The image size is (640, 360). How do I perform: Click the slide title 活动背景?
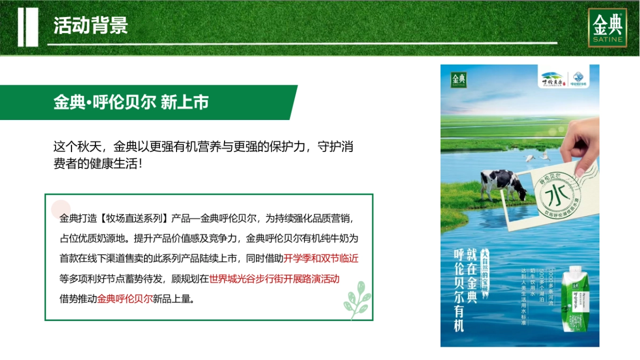[91, 25]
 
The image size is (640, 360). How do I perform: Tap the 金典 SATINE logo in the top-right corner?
[607, 28]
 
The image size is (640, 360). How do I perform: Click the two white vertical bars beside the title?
[28, 27]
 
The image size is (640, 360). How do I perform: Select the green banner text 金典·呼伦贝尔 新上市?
[131, 102]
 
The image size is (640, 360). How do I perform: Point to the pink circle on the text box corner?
[61, 209]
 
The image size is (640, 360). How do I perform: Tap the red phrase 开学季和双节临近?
[321, 259]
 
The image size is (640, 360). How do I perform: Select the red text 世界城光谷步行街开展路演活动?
[274, 278]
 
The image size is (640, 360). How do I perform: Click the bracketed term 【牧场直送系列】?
[134, 219]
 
